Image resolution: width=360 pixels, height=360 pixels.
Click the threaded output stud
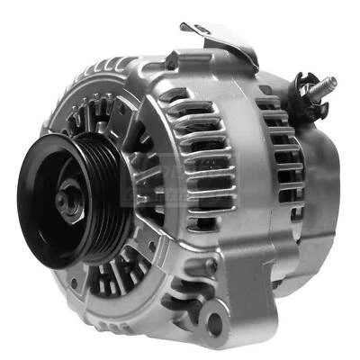(319, 87)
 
